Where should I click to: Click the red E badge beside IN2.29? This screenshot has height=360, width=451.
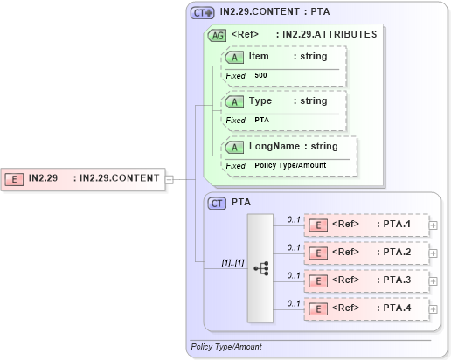[x=15, y=178]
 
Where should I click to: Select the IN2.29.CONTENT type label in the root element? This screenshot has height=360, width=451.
[x=119, y=178]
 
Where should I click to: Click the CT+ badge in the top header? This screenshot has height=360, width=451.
[x=203, y=13]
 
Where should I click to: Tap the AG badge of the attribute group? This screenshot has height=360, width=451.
[x=216, y=36]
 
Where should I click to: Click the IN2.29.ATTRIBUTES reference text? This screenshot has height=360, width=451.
[x=326, y=35]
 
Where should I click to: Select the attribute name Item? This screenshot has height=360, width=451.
[x=259, y=56]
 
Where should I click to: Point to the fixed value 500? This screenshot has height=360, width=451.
[x=261, y=76]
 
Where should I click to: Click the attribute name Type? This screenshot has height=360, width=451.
[x=260, y=101]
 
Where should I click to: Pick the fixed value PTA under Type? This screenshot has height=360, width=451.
[x=261, y=120]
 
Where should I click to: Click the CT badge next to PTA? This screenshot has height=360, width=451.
[x=218, y=203]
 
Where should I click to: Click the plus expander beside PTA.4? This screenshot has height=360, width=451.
[x=434, y=308]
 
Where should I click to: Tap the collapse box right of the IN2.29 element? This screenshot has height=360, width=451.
[x=170, y=178]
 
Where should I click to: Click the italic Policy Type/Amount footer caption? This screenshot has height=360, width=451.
[x=225, y=347]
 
